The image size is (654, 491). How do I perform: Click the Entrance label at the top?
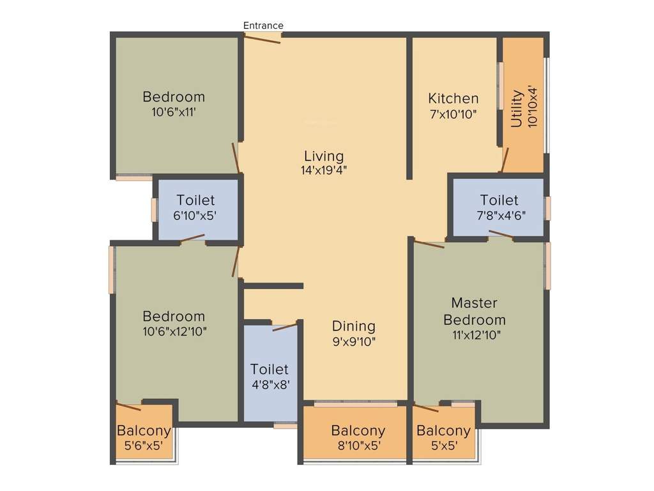pyautogui.click(x=263, y=26)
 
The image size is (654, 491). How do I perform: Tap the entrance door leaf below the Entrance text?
pyautogui.click(x=262, y=38)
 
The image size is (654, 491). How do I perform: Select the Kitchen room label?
pyautogui.click(x=453, y=98)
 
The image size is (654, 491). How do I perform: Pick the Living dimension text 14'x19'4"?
pyautogui.click(x=324, y=170)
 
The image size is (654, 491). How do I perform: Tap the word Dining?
pyautogui.click(x=353, y=326)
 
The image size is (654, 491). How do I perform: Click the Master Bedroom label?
pyautogui.click(x=475, y=311)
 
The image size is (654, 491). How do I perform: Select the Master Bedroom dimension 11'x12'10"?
pyautogui.click(x=475, y=335)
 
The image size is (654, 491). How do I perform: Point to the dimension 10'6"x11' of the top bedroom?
pyautogui.click(x=174, y=112)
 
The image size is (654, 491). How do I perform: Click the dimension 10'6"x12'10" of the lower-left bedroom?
pyautogui.click(x=174, y=331)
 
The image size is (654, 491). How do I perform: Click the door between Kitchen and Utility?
pyautogui.click(x=504, y=160)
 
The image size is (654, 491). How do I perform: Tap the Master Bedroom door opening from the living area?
pyautogui.click(x=429, y=244)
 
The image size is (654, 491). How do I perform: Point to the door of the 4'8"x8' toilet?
pyautogui.click(x=284, y=327)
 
